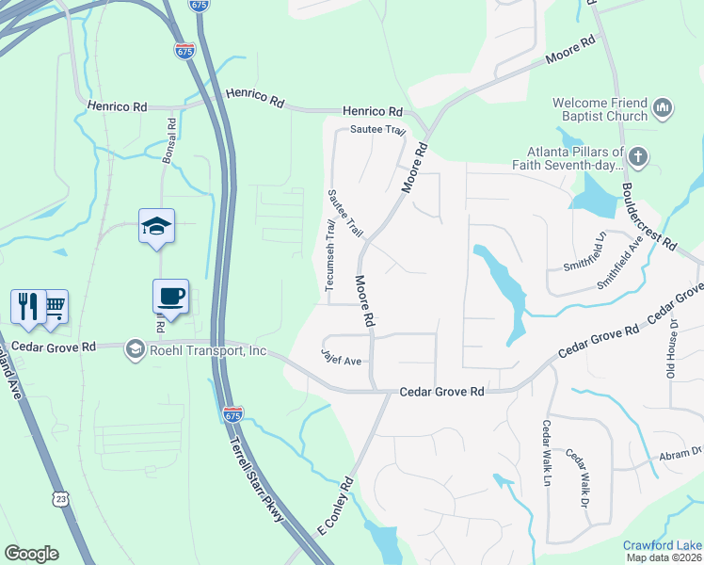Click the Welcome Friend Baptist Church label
pos(600,109)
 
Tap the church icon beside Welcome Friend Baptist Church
pos(663,109)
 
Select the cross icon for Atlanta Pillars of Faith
pos(638,157)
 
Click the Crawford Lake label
pos(663,545)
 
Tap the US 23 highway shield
pos(62,498)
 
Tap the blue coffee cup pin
pos(170,297)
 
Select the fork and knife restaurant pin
pos(27,305)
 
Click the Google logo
pos(31,554)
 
